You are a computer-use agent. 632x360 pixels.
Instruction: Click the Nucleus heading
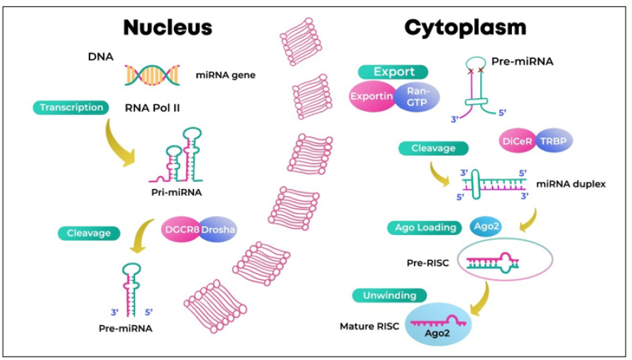168,27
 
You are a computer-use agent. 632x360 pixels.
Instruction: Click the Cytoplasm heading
465,27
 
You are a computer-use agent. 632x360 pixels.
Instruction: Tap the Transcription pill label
72,108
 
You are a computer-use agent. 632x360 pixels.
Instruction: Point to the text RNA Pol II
156,109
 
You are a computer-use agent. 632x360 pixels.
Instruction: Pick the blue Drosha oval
217,230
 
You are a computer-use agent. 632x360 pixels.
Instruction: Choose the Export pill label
393,72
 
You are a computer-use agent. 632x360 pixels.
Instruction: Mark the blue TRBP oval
552,141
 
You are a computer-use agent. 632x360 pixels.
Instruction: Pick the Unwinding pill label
391,295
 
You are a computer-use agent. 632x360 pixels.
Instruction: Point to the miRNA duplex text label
571,184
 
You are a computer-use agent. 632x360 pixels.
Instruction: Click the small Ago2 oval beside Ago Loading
486,227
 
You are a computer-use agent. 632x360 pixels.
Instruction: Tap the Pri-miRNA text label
176,192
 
